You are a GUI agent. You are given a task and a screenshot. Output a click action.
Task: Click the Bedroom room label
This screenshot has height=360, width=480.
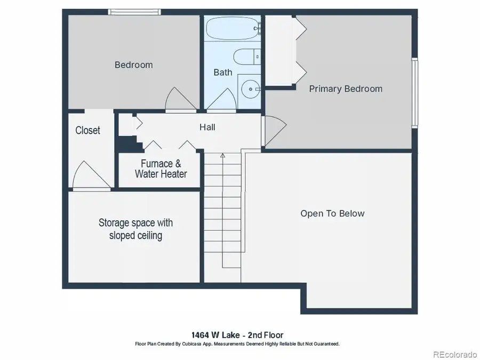(x=133, y=65)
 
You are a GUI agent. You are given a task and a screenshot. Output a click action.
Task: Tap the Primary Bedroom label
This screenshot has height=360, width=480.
(x=346, y=89)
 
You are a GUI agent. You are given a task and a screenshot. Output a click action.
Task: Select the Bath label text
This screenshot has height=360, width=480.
(x=223, y=73)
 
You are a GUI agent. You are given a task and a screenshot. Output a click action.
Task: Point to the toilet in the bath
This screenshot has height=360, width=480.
(x=246, y=57)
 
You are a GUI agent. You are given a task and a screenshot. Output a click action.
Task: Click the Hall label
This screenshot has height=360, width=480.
(x=207, y=127)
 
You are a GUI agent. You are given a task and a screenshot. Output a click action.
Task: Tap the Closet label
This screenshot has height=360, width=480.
(x=87, y=131)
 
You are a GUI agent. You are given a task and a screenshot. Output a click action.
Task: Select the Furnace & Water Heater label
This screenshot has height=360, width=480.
(x=161, y=169)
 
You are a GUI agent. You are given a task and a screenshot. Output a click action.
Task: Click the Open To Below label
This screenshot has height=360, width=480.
(x=332, y=214)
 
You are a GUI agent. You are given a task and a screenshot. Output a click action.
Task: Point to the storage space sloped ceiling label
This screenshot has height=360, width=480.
(x=135, y=229)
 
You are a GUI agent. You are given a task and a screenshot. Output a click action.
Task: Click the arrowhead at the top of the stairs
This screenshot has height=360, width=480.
(x=223, y=156)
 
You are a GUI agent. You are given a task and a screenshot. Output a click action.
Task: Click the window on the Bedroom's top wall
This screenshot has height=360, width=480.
(x=134, y=12)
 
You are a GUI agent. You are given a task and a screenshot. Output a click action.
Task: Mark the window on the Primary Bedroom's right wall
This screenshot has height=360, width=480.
(x=414, y=93)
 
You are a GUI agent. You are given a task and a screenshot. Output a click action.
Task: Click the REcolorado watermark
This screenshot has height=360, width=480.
(x=454, y=354)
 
